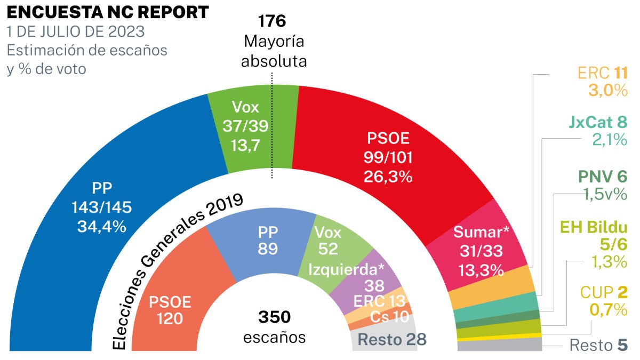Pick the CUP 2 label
click(x=603, y=292)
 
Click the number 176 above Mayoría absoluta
click(x=273, y=21)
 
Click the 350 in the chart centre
click(x=275, y=317)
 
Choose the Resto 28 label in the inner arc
click(x=391, y=339)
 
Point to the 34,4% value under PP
click(x=101, y=226)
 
